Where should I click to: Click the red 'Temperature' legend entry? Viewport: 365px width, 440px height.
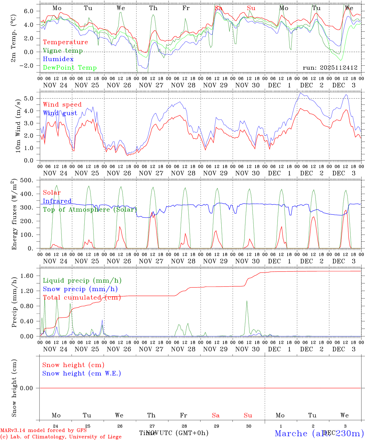(65, 42)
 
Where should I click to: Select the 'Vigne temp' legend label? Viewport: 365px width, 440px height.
(63, 51)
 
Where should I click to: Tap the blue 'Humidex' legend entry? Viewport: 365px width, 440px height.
(58, 59)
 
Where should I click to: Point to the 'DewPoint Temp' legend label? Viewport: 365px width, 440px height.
(70, 68)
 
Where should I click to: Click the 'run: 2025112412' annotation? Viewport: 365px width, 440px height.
(330, 68)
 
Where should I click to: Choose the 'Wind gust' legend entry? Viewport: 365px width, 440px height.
(60, 113)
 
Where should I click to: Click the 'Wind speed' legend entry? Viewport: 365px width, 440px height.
(62, 105)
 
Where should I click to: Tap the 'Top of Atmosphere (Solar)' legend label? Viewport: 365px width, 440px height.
(90, 210)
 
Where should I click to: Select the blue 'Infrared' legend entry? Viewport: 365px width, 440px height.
(57, 201)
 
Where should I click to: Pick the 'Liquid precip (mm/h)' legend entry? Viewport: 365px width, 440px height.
(82, 280)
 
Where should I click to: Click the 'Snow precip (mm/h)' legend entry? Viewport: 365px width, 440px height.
(80, 289)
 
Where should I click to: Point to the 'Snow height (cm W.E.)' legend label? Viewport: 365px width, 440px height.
(82, 373)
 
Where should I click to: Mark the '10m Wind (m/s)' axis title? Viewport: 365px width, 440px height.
(18, 126)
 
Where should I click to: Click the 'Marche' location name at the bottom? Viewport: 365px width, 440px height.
(291, 433)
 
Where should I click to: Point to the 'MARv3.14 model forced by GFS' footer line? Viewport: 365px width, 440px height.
(43, 431)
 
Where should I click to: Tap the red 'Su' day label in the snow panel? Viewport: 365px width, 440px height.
(248, 415)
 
